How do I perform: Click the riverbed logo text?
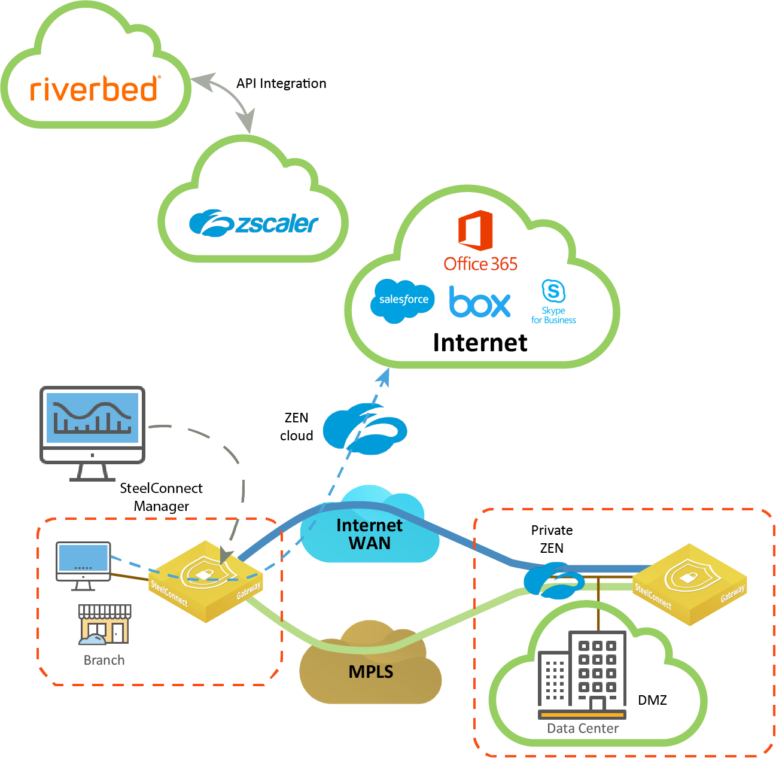pos(95,89)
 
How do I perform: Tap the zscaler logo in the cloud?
pos(254,223)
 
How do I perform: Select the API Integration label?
pos(281,84)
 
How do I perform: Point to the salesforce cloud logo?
pos(403,300)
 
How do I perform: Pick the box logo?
pos(480,302)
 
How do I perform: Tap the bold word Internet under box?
pos(480,343)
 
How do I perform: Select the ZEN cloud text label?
pos(296,427)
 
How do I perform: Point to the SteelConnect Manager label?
pos(161,497)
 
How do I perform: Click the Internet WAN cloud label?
pos(369,534)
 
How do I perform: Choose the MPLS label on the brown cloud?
pos(371,672)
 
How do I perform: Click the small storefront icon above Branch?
pos(105,624)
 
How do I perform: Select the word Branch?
pos(104,660)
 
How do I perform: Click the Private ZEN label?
pos(552,539)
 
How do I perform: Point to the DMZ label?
pos(652,700)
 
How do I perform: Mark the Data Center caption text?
pos(583,729)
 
